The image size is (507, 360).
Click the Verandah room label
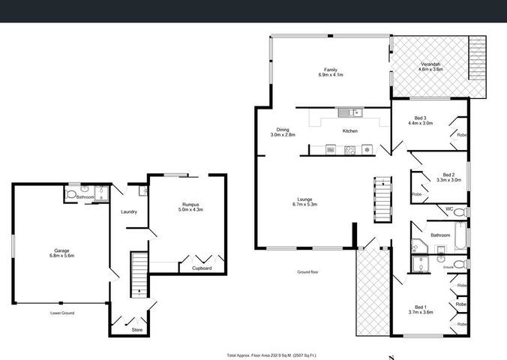(x=432, y=67)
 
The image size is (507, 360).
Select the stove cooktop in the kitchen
(x=349, y=149)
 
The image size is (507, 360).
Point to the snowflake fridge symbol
(x=367, y=149)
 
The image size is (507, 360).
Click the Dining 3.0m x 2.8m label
(x=283, y=131)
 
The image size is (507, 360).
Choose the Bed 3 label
(x=421, y=121)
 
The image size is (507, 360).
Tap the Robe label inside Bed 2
(x=416, y=194)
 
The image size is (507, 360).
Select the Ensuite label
(x=448, y=266)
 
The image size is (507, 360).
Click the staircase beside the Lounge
(x=382, y=199)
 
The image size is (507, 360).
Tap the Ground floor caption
(x=308, y=271)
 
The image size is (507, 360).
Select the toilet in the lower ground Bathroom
(x=72, y=195)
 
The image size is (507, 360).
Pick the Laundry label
(x=128, y=211)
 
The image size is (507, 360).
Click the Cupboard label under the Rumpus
(x=202, y=268)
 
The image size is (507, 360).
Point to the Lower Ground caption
(x=61, y=313)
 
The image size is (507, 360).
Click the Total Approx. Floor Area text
(x=272, y=355)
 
